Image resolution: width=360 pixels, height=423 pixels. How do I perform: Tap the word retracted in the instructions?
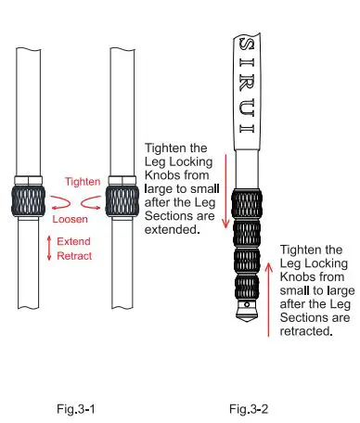305,332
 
